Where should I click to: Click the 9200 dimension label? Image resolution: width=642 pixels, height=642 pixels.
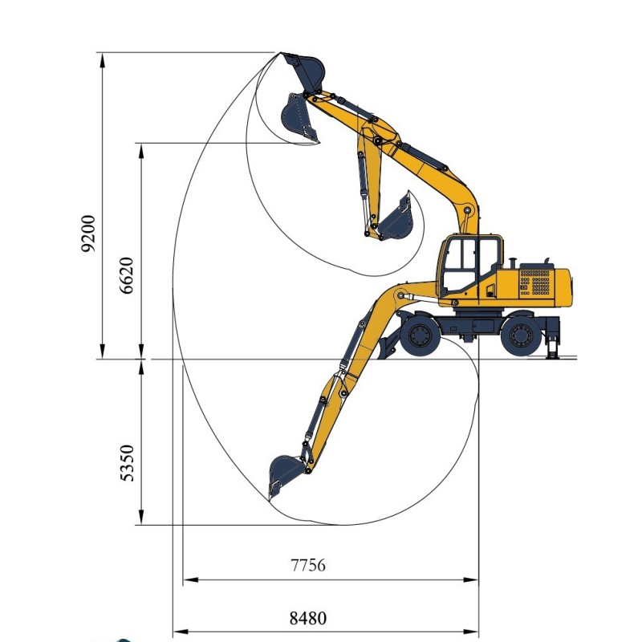(88, 233)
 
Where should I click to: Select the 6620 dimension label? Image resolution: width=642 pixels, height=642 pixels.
(127, 275)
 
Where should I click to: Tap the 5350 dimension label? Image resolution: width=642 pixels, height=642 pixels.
(127, 463)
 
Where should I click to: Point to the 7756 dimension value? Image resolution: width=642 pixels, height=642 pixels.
(308, 565)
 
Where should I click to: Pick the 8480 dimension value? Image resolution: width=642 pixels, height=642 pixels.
(308, 618)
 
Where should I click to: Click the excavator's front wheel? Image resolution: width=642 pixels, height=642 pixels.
(420, 335)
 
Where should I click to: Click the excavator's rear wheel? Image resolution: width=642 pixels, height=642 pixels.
(521, 335)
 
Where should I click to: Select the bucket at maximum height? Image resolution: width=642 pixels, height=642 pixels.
(304, 71)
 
